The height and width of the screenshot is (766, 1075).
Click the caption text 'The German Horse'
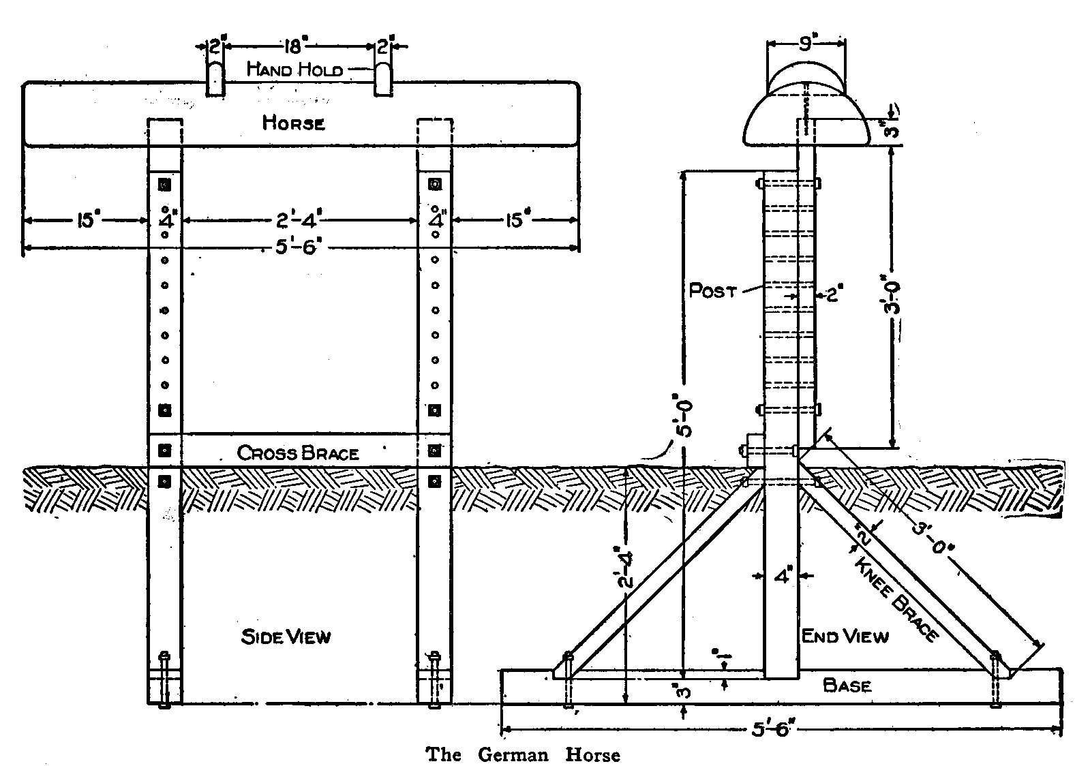(523, 754)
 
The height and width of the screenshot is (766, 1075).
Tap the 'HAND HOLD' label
(294, 70)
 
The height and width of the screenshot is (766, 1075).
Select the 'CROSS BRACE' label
(298, 453)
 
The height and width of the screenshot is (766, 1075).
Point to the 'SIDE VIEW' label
(286, 637)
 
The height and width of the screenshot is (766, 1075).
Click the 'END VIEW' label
(845, 637)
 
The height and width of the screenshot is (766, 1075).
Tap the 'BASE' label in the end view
(847, 685)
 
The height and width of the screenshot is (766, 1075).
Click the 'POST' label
(713, 291)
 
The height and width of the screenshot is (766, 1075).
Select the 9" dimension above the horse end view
(806, 44)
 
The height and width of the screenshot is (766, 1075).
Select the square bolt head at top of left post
(164, 185)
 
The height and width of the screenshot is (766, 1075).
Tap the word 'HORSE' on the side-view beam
(294, 123)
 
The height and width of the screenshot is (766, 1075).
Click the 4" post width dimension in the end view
(782, 577)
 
